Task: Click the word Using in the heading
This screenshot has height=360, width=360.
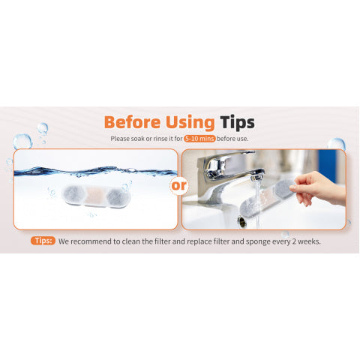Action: click(190, 123)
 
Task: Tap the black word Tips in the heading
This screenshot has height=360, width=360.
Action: click(237, 123)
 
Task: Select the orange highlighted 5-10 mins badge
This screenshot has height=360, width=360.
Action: click(199, 139)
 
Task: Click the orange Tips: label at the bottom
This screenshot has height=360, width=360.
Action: click(43, 241)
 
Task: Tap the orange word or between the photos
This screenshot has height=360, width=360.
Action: click(179, 185)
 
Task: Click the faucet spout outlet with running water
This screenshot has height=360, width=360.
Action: click(257, 177)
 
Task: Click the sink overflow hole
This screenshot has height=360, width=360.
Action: click(241, 221)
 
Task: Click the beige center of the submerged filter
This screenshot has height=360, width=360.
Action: click(94, 196)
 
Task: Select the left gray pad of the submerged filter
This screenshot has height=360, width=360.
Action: click(73, 194)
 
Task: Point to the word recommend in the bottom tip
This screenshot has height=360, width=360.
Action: click(91, 241)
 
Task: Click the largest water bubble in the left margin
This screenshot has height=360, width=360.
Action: click(22, 142)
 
